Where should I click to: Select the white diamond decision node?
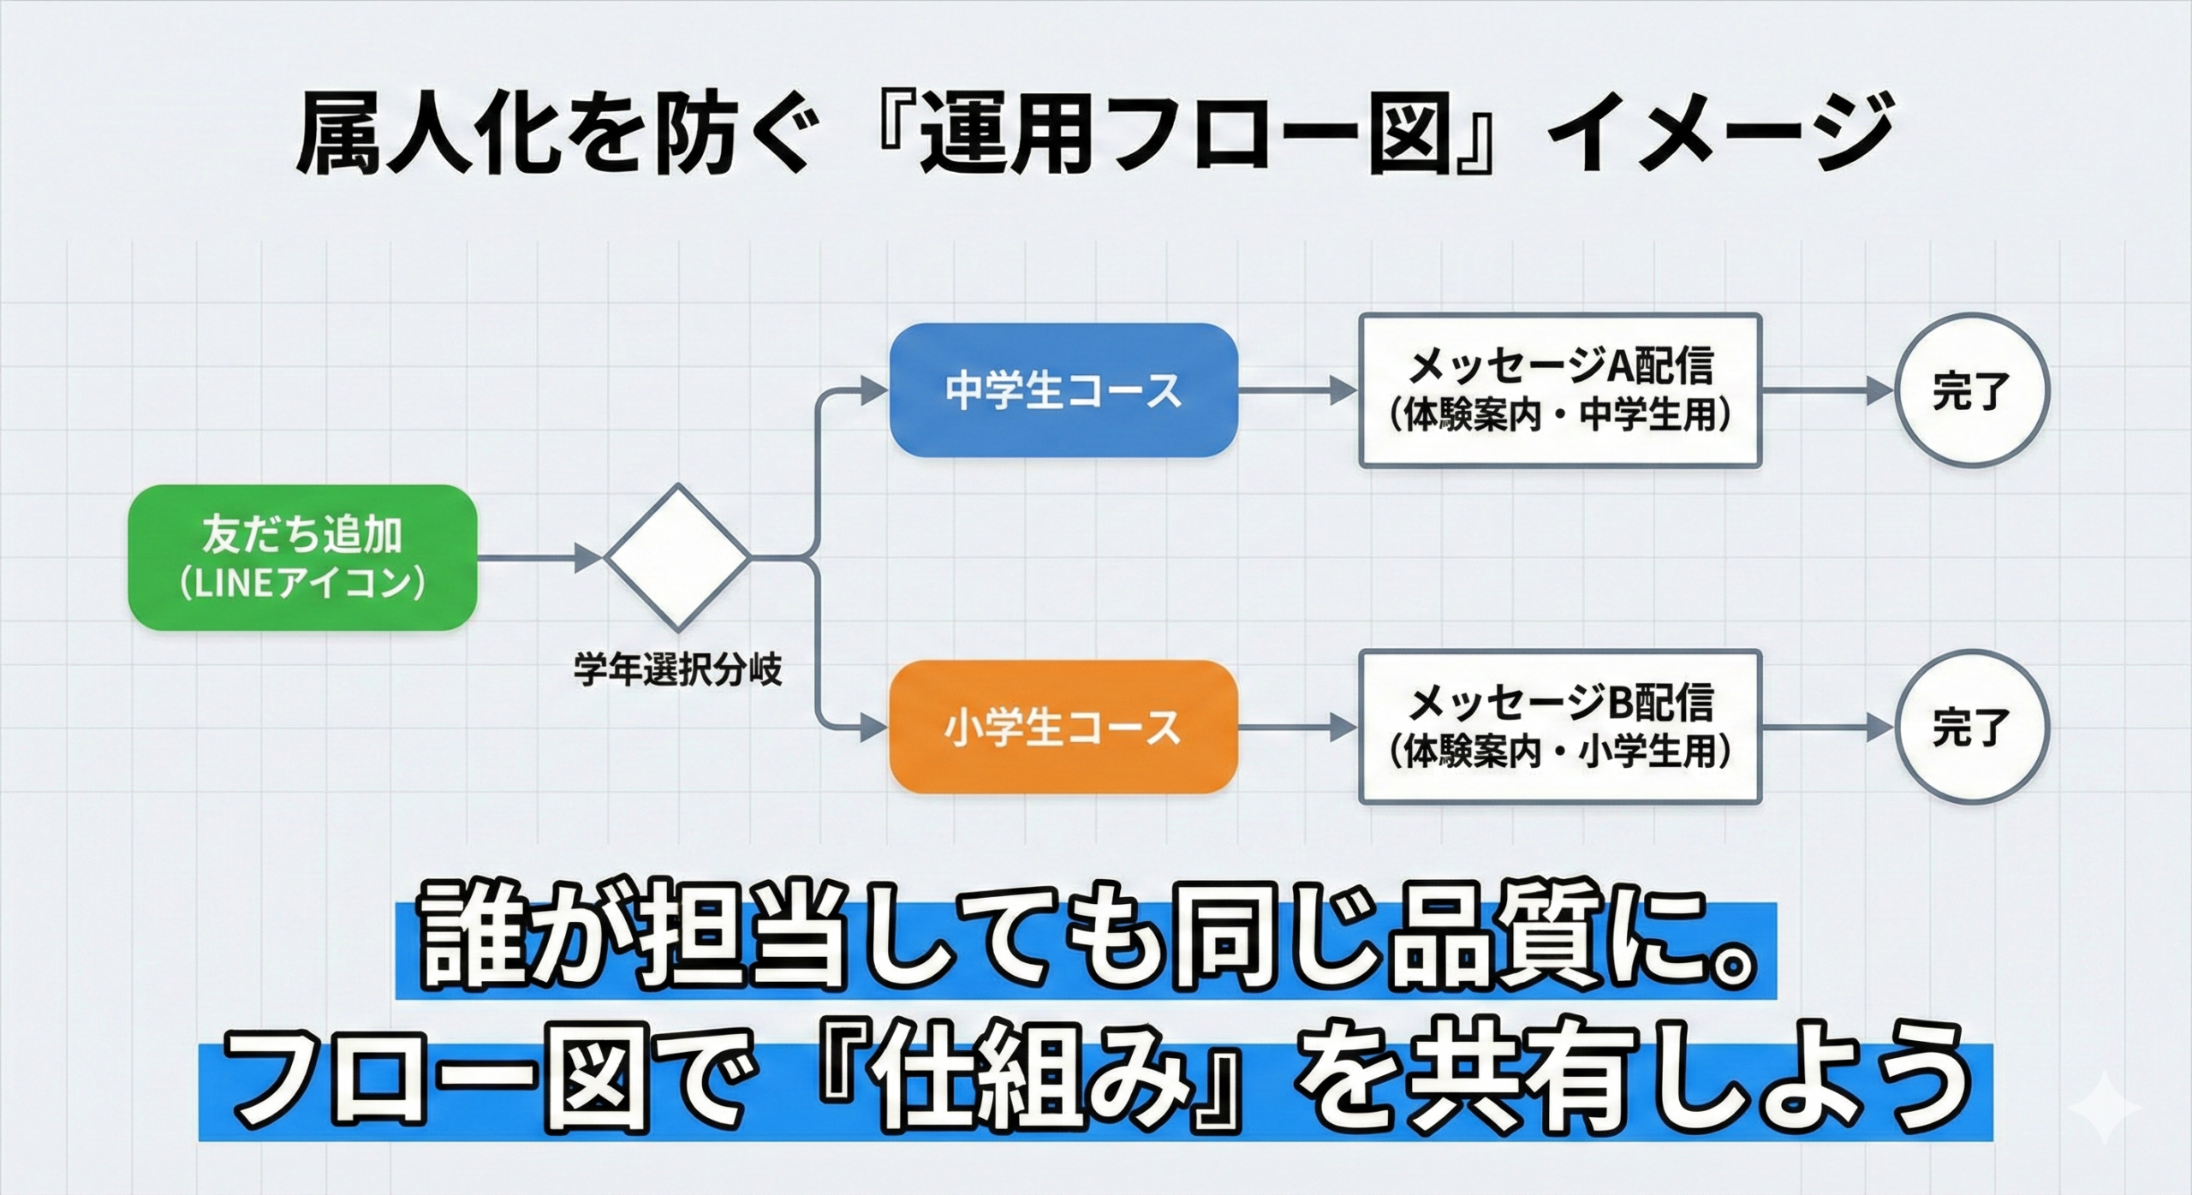tap(677, 557)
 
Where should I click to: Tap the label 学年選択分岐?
tap(677, 670)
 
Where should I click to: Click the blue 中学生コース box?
tap(1063, 390)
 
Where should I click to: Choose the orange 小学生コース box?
tap(1063, 728)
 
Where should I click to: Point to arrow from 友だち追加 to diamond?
tap(539, 557)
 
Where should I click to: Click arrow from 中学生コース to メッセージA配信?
tap(1297, 391)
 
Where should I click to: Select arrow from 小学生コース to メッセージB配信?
tap(1297, 728)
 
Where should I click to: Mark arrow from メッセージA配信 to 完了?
tap(1824, 391)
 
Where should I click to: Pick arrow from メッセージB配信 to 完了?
tap(1824, 728)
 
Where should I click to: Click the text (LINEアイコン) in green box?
tap(301, 584)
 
